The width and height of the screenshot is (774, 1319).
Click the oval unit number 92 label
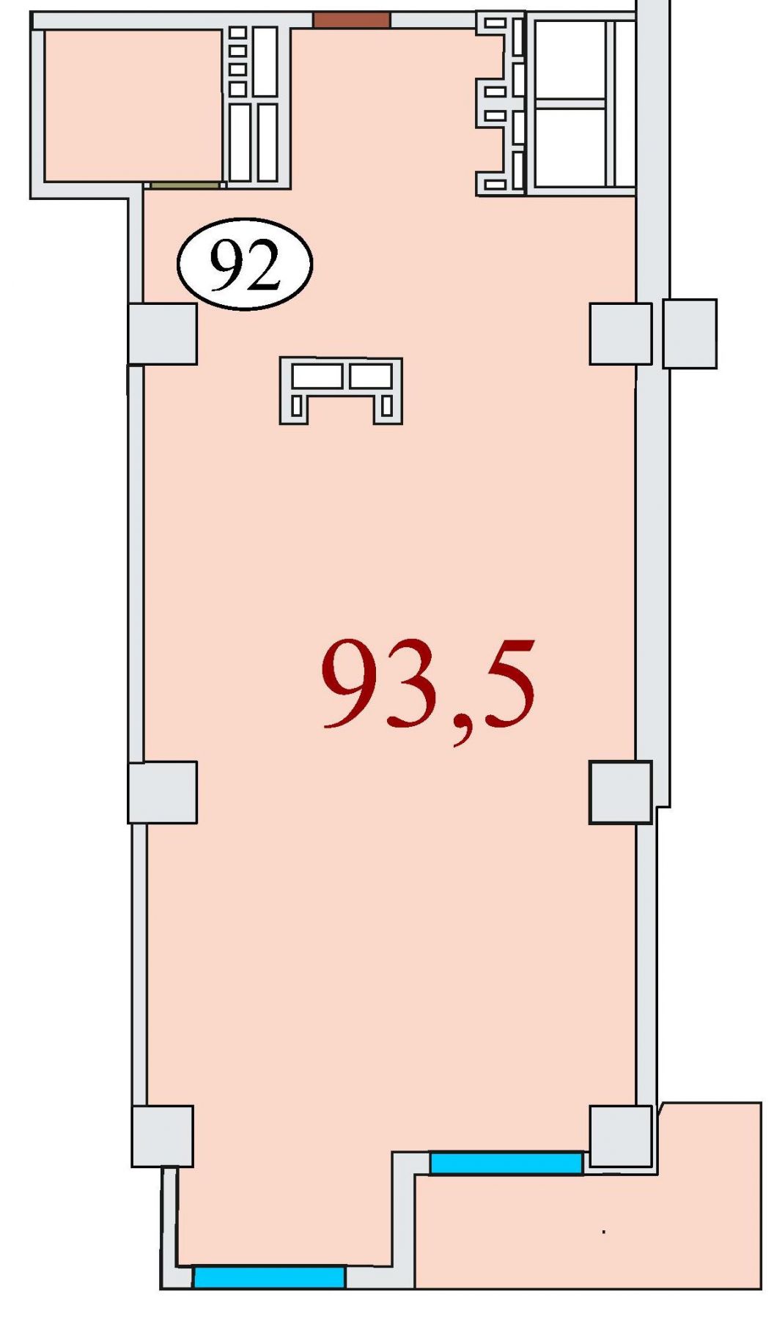click(245, 264)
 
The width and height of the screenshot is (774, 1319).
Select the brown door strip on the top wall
click(351, 20)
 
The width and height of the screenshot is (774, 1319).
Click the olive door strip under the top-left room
click(185, 185)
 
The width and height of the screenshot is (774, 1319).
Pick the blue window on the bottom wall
click(269, 1277)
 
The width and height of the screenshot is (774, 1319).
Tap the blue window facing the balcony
click(506, 1163)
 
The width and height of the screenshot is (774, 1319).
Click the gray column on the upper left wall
click(163, 333)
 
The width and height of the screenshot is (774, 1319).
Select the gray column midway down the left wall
click(163, 792)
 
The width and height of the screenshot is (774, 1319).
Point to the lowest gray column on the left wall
click(162, 1136)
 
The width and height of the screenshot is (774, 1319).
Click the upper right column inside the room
click(621, 333)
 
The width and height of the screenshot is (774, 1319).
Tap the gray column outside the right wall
click(690, 333)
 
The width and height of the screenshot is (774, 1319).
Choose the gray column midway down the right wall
click(621, 792)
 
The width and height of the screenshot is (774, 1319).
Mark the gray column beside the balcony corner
click(621, 1136)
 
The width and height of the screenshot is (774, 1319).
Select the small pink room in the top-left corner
click(133, 106)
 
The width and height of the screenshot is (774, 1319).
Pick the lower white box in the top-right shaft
click(570, 147)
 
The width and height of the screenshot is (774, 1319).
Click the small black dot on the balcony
click(604, 1232)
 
